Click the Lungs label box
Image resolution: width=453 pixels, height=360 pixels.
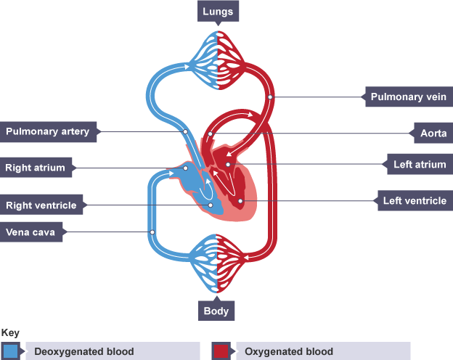click(218, 12)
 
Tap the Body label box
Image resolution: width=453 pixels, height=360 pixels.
click(216, 311)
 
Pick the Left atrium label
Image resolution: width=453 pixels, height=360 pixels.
click(419, 165)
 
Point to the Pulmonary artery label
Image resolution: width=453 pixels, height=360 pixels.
click(47, 131)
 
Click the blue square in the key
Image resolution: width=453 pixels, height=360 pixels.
click(11, 351)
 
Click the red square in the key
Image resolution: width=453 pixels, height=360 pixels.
click(221, 351)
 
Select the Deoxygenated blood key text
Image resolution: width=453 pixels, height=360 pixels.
click(84, 351)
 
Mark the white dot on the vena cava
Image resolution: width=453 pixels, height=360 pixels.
click(152, 232)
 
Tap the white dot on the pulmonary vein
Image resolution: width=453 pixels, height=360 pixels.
click(269, 96)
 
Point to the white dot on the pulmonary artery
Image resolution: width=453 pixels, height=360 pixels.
click(186, 132)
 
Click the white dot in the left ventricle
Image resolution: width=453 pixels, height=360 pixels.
click(240, 200)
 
